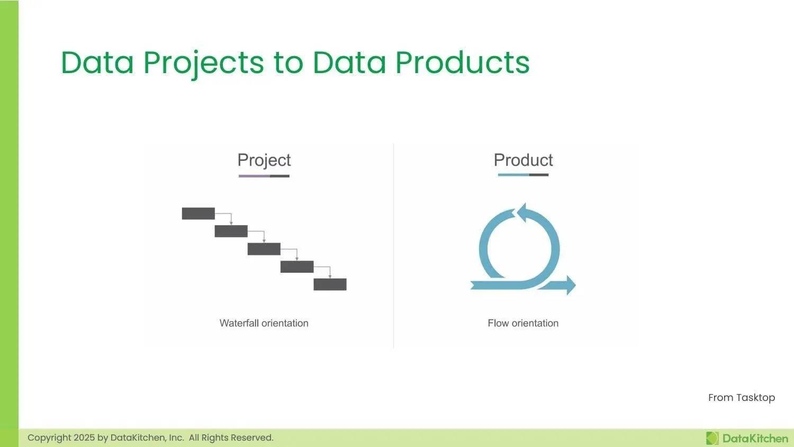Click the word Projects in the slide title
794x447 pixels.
click(x=203, y=62)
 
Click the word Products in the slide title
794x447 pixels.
click(x=462, y=62)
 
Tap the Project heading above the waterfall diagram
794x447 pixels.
click(x=264, y=160)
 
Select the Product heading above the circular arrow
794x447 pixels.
click(x=523, y=160)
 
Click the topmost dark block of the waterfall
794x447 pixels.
click(x=198, y=213)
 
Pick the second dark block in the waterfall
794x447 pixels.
click(x=231, y=231)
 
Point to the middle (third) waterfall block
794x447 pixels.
click(x=264, y=249)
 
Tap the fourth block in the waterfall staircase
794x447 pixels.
click(x=296, y=266)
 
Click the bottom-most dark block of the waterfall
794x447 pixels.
click(x=330, y=284)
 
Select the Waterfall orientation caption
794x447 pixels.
click(x=264, y=323)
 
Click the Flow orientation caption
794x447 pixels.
click(x=523, y=323)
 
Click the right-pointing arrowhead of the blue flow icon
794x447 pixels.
click(x=570, y=285)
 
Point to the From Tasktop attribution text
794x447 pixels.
click(x=741, y=397)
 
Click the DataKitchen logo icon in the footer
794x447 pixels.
click(x=712, y=438)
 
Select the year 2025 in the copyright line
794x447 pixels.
click(x=84, y=437)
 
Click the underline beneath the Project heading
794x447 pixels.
click(x=264, y=176)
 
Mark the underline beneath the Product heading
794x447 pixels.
click(x=523, y=175)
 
